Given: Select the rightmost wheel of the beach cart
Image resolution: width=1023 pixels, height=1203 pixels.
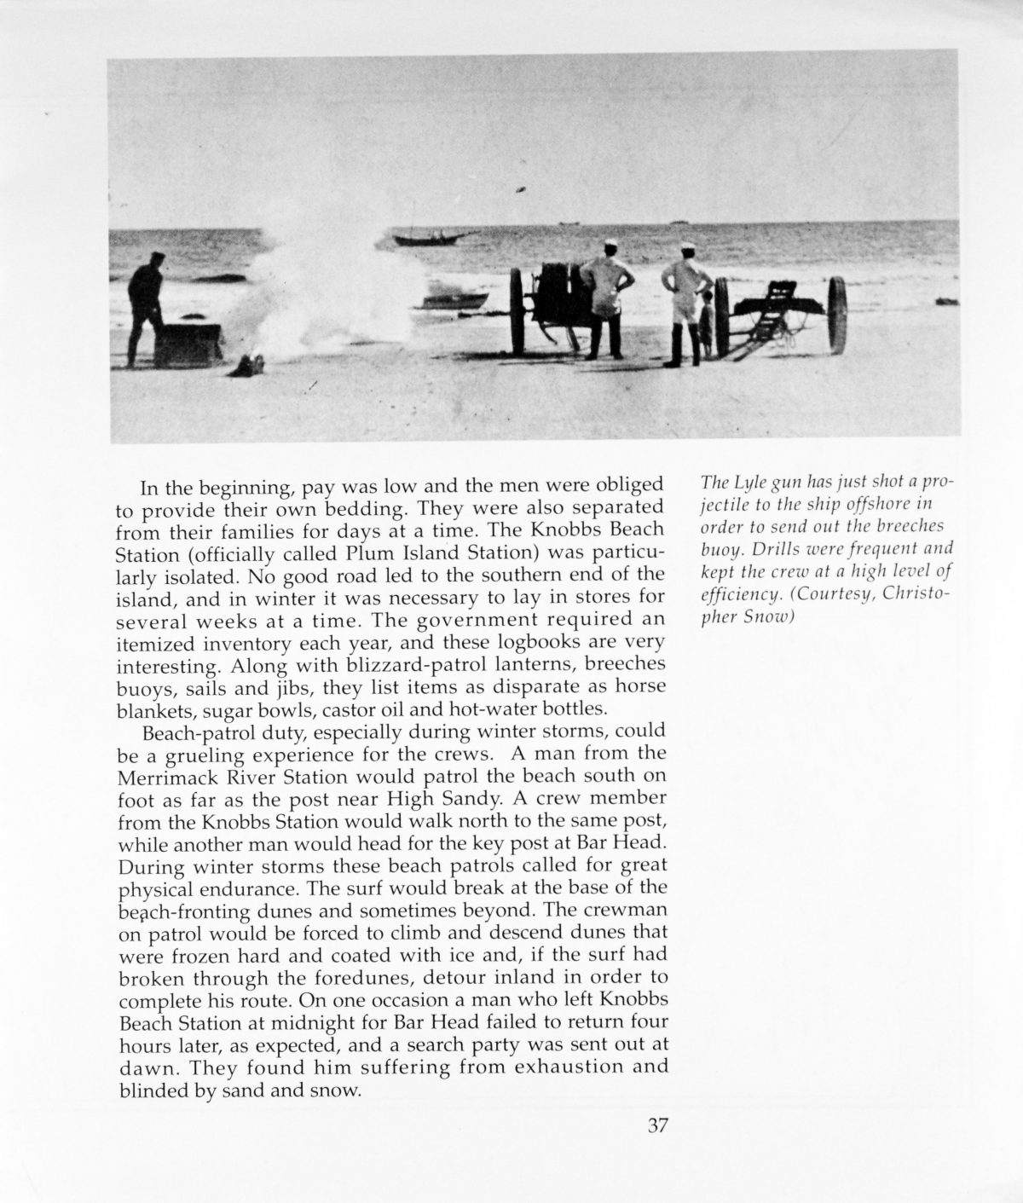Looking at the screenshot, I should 836,315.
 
